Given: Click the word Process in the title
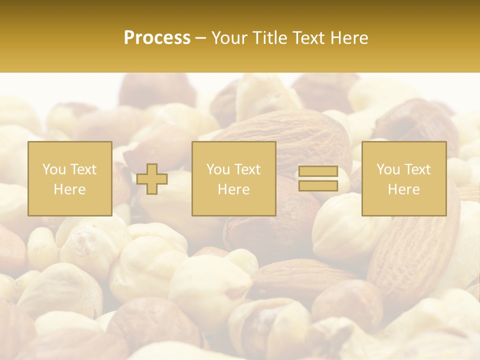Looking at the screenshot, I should (x=157, y=38).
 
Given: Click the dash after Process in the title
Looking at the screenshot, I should (x=200, y=38).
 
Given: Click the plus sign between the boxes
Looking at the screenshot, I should (x=152, y=179).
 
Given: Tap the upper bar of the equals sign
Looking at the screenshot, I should (x=318, y=171).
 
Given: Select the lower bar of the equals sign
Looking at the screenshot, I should (x=318, y=185).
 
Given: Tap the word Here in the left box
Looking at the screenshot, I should (x=69, y=189).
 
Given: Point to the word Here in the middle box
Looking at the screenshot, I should (x=233, y=189).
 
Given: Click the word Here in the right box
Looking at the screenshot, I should (x=403, y=189).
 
